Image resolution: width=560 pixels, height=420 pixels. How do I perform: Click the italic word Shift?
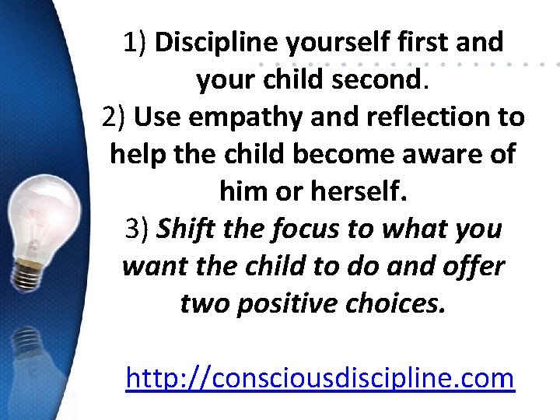[x=187, y=229]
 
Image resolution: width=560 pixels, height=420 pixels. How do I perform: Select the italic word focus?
[x=301, y=229]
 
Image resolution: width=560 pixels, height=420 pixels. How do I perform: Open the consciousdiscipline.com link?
[x=320, y=379]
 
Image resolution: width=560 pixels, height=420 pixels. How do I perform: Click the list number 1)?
[x=135, y=42]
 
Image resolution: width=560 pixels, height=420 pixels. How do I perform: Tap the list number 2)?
[x=114, y=117]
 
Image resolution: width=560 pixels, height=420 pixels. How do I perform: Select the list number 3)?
[x=138, y=229]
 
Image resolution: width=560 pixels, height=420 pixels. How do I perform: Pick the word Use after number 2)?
[x=156, y=117]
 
